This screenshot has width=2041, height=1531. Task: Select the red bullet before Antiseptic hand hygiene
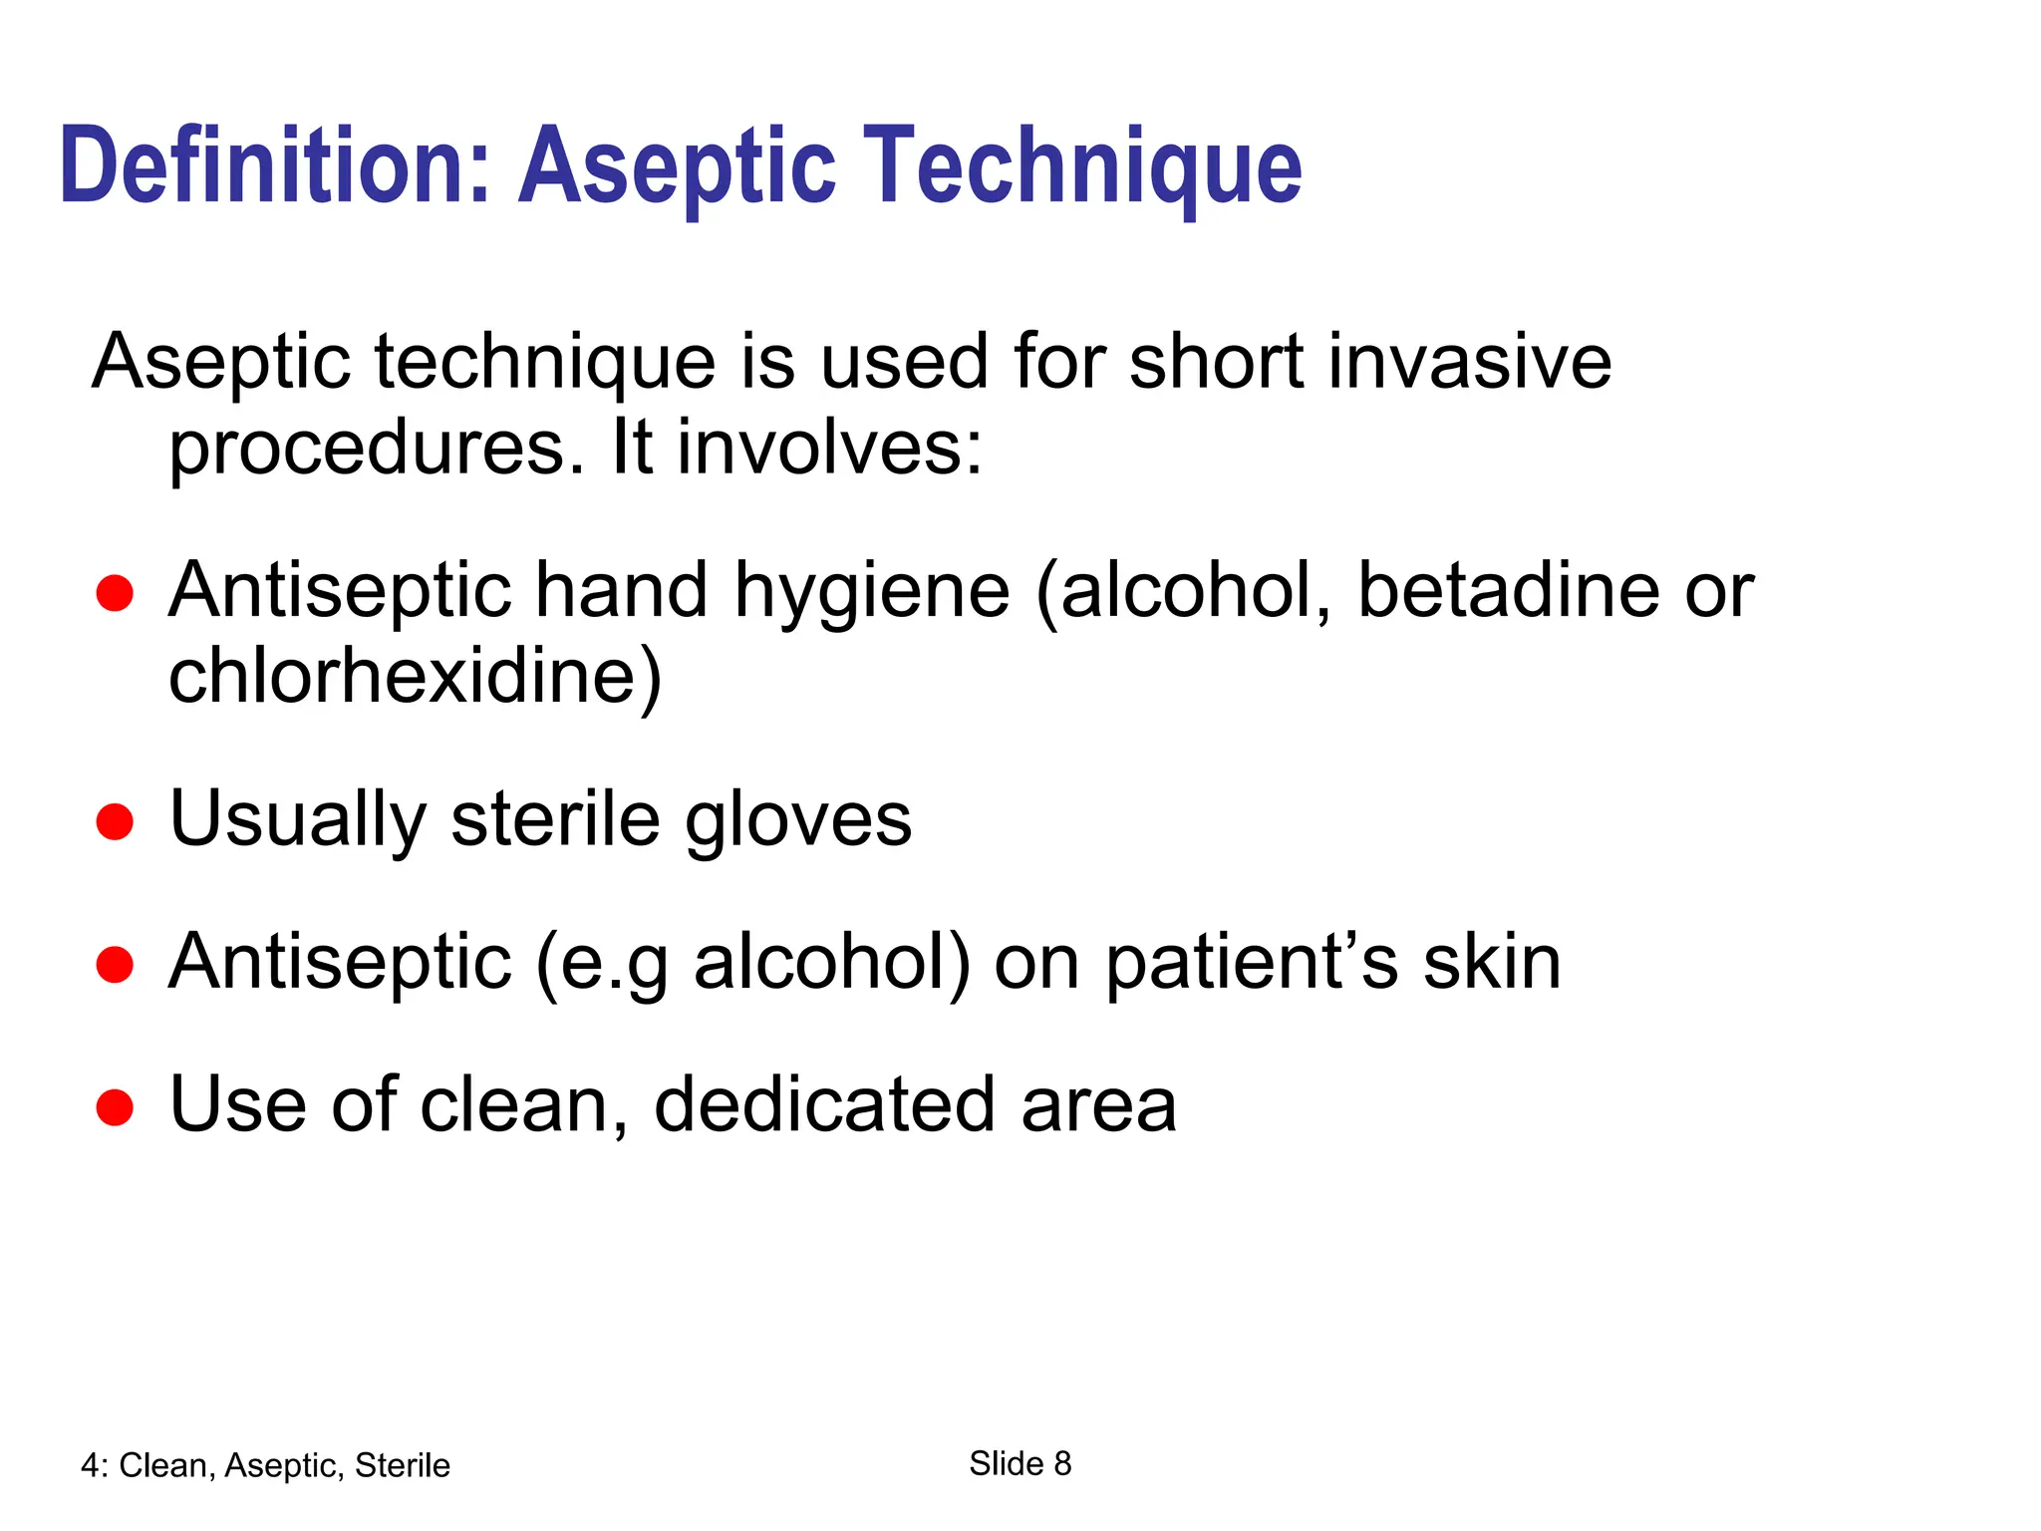point(115,593)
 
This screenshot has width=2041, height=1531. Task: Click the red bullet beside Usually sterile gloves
point(115,822)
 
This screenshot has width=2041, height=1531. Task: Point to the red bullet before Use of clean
point(115,1107)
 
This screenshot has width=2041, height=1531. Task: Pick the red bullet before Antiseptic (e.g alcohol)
point(115,965)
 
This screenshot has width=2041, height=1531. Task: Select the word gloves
point(798,820)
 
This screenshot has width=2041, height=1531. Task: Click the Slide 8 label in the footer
point(1020,1463)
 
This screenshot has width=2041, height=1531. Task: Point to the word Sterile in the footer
point(403,1465)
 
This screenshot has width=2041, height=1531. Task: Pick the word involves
point(828,449)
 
